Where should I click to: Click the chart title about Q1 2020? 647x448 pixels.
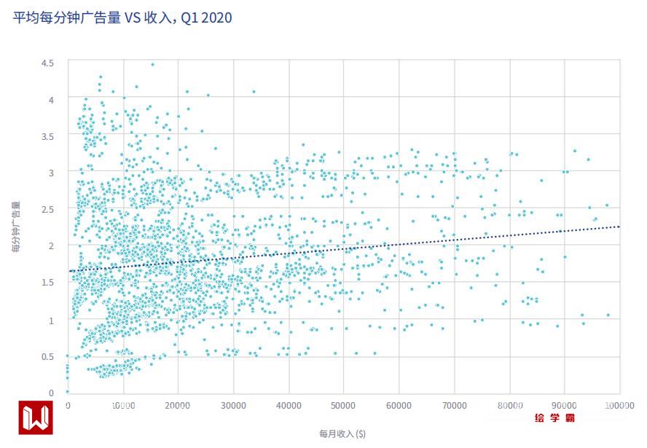123,17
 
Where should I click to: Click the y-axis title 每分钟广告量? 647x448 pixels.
16,227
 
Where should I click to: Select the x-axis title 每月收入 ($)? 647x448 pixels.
342,433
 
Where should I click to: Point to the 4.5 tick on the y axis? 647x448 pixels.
47,63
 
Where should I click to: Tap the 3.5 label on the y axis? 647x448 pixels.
47,136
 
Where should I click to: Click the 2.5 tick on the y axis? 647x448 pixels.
47,210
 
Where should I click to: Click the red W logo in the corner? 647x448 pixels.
34,419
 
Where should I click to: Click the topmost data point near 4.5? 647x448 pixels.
152,64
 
